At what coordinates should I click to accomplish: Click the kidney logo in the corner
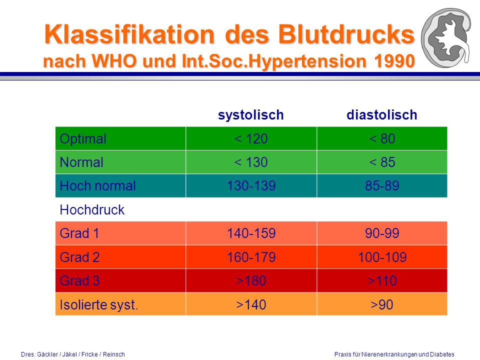pos(446,38)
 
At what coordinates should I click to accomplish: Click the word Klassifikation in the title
pos(129,34)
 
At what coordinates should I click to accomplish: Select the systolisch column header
pos(250,115)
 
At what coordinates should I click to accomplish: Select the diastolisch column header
pos(381,115)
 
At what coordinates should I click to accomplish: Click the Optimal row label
pos(83,138)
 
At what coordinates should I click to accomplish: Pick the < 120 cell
pos(251,138)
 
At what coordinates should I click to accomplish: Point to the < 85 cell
pos(382,162)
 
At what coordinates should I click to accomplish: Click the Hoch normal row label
pos(97,186)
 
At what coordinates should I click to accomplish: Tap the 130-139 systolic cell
pos(251,186)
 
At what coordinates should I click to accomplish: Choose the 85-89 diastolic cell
pos(382,186)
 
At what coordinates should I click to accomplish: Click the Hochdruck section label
pos(92,209)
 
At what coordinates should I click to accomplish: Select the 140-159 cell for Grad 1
pos(251,233)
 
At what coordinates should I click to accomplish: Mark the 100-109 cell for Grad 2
pos(382,257)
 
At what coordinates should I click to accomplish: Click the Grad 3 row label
pos(79,280)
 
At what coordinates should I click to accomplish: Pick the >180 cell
pos(251,280)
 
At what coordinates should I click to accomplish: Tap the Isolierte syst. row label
pos(99,304)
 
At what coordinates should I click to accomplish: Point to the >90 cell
pos(381,304)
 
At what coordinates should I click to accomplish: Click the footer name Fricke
pos(89,354)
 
